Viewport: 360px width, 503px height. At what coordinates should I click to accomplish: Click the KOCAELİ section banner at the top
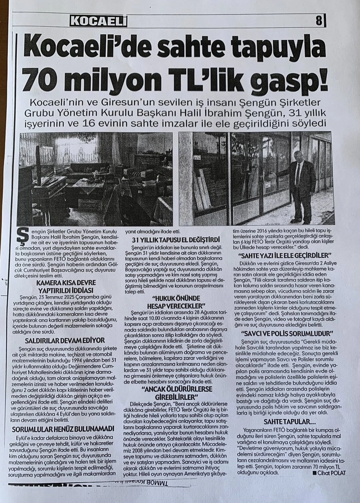tap(98, 21)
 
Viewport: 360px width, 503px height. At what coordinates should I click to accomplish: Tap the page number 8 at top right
tap(319, 21)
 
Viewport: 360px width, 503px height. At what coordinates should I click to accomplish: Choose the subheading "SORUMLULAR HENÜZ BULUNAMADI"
tap(67, 430)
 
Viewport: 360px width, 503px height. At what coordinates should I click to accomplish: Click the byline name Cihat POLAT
tap(329, 473)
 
